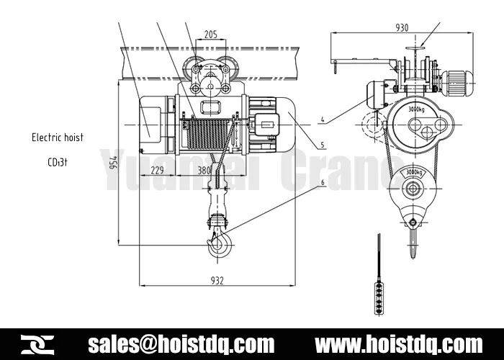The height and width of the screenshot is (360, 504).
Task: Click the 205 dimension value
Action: pyautogui.click(x=210, y=33)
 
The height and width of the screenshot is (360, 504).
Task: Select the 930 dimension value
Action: pyautogui.click(x=402, y=27)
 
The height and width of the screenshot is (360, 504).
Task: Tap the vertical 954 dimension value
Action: pyautogui.click(x=114, y=163)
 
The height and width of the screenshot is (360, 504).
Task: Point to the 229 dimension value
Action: pyautogui.click(x=157, y=171)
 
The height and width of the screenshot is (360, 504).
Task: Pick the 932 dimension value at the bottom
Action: pyautogui.click(x=217, y=280)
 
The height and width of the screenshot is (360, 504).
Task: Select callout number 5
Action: pyautogui.click(x=323, y=144)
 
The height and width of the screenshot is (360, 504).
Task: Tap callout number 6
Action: pyautogui.click(x=323, y=183)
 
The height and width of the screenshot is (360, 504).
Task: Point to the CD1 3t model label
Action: pyautogui.click(x=58, y=162)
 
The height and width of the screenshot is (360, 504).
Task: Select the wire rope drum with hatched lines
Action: pyautogui.click(x=207, y=133)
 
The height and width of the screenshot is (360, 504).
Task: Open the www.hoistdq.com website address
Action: pyautogui.click(x=400, y=343)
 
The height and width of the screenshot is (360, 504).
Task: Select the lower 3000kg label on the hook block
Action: pyautogui.click(x=413, y=173)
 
